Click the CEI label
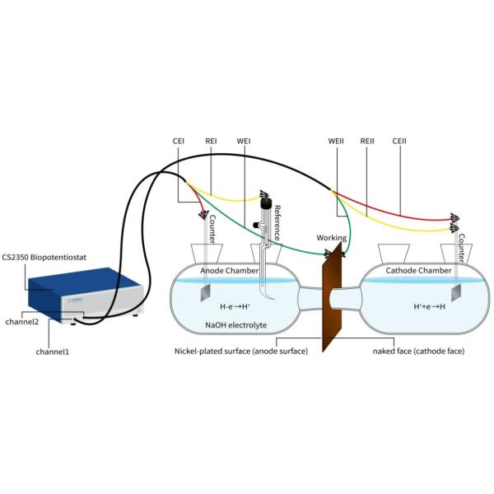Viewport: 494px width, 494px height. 179,141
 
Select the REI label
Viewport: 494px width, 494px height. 211,141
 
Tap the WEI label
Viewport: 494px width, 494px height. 244,141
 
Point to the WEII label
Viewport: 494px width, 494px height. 336,141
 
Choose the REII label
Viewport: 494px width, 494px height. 367,141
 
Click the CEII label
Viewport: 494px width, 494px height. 399,141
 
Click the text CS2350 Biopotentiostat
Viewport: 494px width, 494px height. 44,258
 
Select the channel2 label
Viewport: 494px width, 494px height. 22,322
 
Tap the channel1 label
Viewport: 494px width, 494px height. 53,352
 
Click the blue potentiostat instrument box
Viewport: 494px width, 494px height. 85,294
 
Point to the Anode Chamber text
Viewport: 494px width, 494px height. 230,271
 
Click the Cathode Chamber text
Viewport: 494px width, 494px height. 418,271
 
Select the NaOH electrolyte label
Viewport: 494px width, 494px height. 236,325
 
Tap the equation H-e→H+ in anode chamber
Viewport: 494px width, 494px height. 235,306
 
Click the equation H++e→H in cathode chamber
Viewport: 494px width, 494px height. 430,306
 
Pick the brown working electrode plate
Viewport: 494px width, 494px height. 332,296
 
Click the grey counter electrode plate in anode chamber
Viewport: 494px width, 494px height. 206,292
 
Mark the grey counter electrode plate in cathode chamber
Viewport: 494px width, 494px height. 456,292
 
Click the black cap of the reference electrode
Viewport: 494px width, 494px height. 266,203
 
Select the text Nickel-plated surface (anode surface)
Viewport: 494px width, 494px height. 241,351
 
